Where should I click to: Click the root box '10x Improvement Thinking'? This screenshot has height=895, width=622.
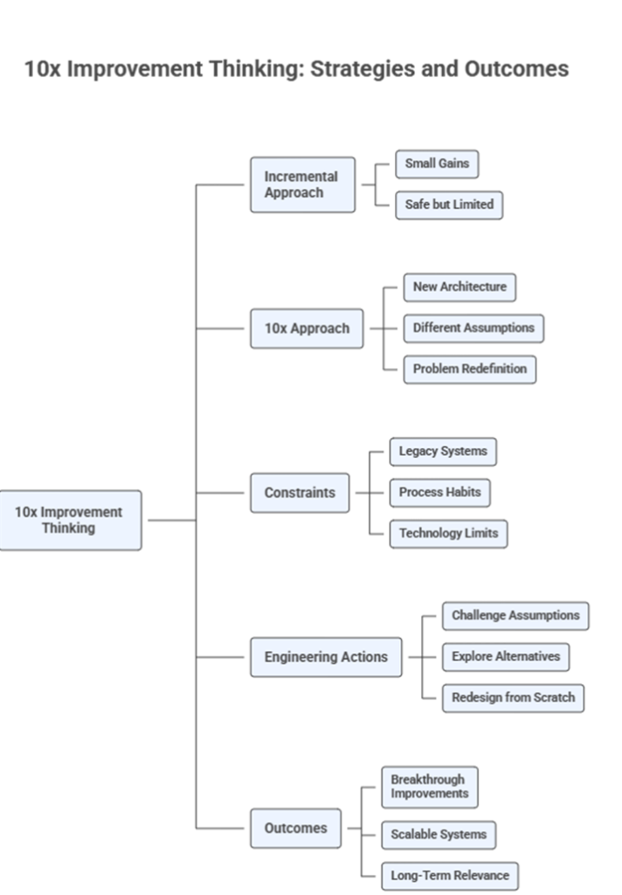tap(69, 520)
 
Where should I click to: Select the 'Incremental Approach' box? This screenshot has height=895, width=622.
tap(302, 184)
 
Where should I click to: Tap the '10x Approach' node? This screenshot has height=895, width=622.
tap(307, 329)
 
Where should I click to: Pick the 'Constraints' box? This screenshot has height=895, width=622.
tap(300, 493)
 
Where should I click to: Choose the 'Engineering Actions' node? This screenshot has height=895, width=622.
tap(326, 657)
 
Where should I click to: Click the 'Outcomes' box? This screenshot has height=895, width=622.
tap(296, 828)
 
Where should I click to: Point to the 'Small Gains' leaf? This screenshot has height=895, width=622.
tap(437, 163)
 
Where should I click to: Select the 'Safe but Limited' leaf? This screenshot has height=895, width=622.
tap(449, 205)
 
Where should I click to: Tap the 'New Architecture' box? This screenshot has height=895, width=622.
tap(459, 287)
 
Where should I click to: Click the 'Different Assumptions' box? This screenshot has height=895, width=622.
tap(473, 328)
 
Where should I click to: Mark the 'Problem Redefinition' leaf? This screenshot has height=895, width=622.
tap(469, 369)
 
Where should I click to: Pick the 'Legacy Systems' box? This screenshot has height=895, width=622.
tap(442, 452)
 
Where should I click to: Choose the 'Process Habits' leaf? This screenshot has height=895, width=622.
tap(439, 492)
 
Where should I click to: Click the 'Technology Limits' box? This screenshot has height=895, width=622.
tap(448, 533)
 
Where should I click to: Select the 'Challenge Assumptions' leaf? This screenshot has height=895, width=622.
tap(515, 615)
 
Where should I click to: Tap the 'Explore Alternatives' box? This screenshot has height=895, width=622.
tap(506, 656)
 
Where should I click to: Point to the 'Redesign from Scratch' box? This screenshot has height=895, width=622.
tap(513, 697)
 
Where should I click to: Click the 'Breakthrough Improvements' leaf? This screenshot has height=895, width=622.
tap(429, 787)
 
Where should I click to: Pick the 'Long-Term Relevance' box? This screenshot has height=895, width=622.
tap(450, 875)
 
